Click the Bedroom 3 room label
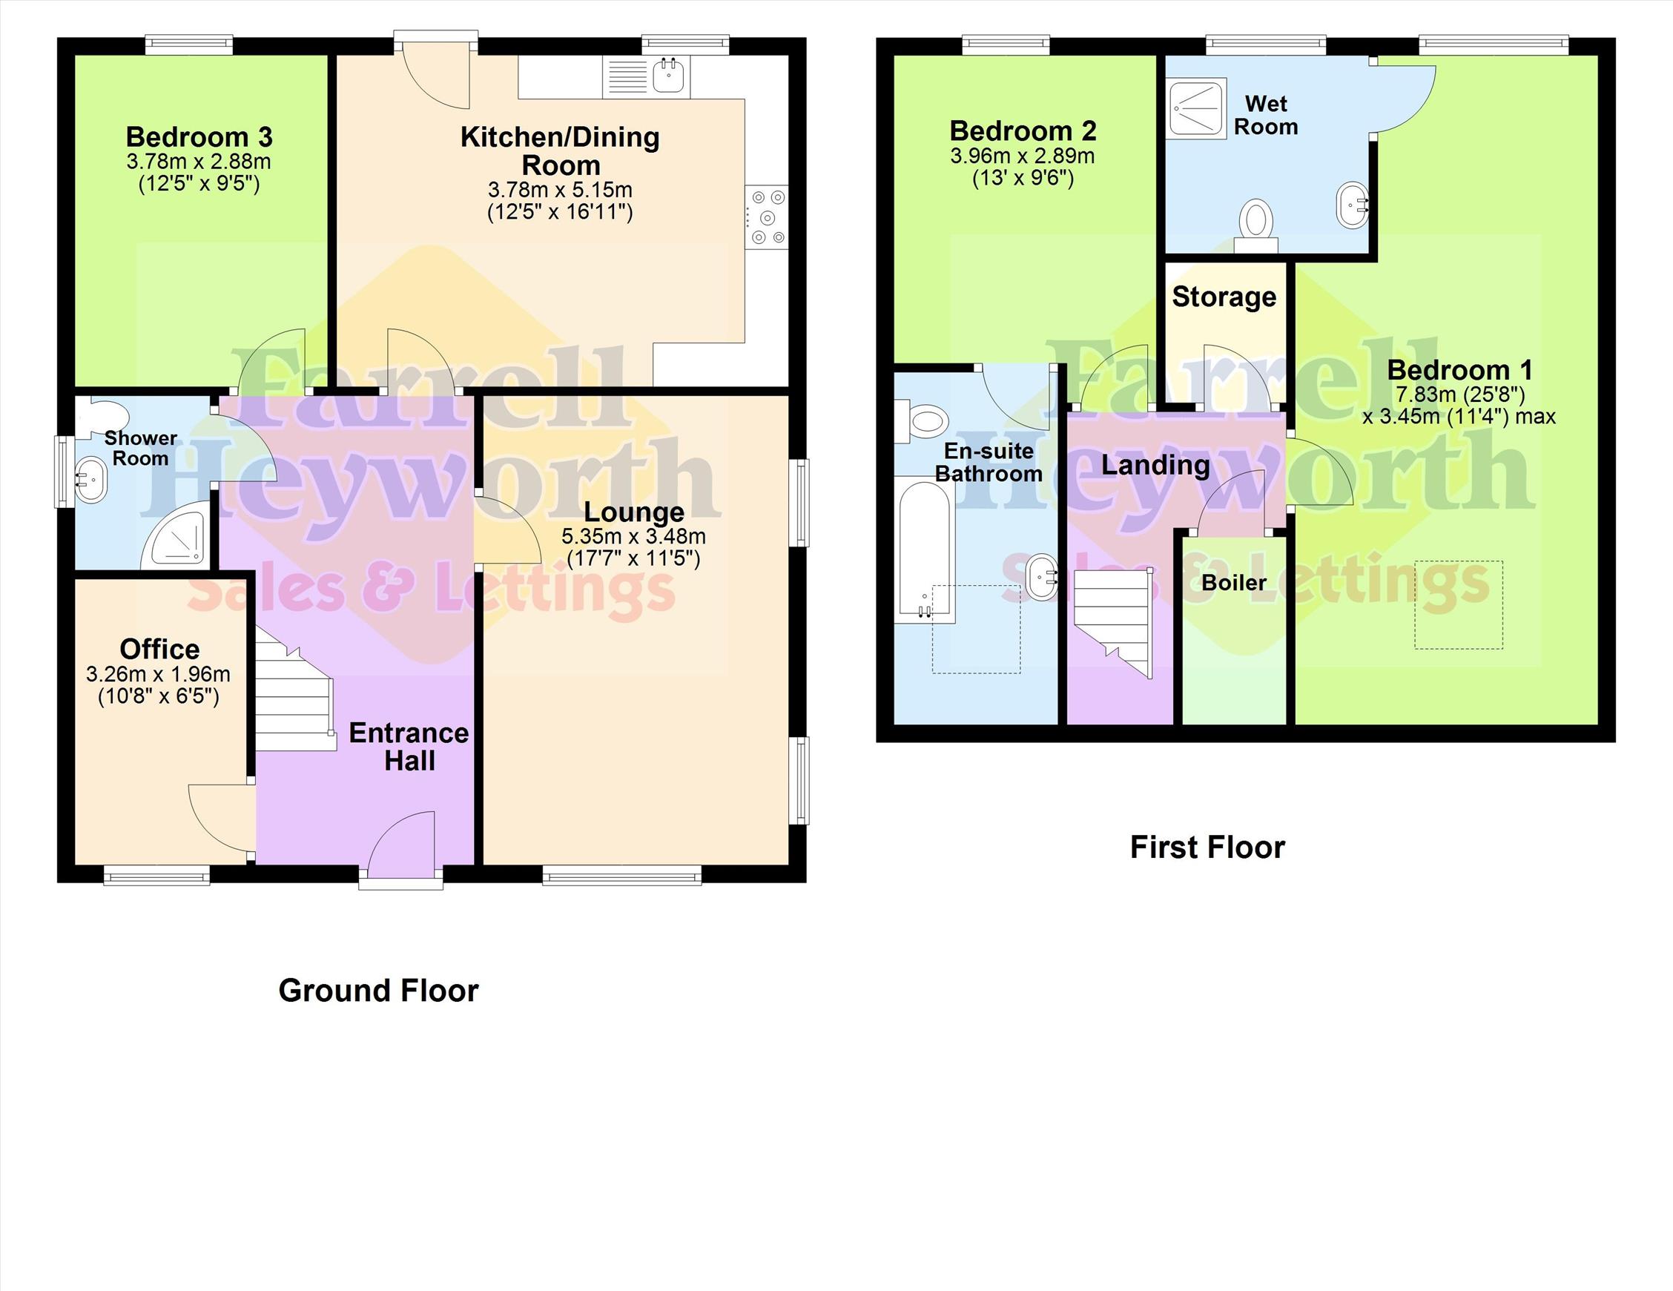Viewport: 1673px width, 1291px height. coord(199,137)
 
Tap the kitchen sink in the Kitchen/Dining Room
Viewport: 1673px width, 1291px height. coord(647,77)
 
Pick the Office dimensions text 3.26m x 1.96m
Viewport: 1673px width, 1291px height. coord(158,674)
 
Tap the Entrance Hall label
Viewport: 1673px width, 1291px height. coord(409,747)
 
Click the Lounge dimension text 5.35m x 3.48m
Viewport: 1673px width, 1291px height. coord(633,536)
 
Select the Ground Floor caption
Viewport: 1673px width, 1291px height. coord(378,991)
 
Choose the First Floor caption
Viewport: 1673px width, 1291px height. coord(1207,848)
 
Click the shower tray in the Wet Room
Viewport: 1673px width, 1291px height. coord(1198,109)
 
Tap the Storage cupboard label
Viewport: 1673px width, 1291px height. coord(1224,297)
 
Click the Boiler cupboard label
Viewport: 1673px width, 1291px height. coord(1234,582)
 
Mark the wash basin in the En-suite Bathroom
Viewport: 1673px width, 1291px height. coord(1041,577)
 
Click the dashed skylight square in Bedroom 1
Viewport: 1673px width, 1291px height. coord(1459,605)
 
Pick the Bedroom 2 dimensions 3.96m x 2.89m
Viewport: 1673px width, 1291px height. coord(1023,156)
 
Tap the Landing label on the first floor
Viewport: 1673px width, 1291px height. coord(1155,465)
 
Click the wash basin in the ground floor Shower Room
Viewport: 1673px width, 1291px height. coord(91,480)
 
